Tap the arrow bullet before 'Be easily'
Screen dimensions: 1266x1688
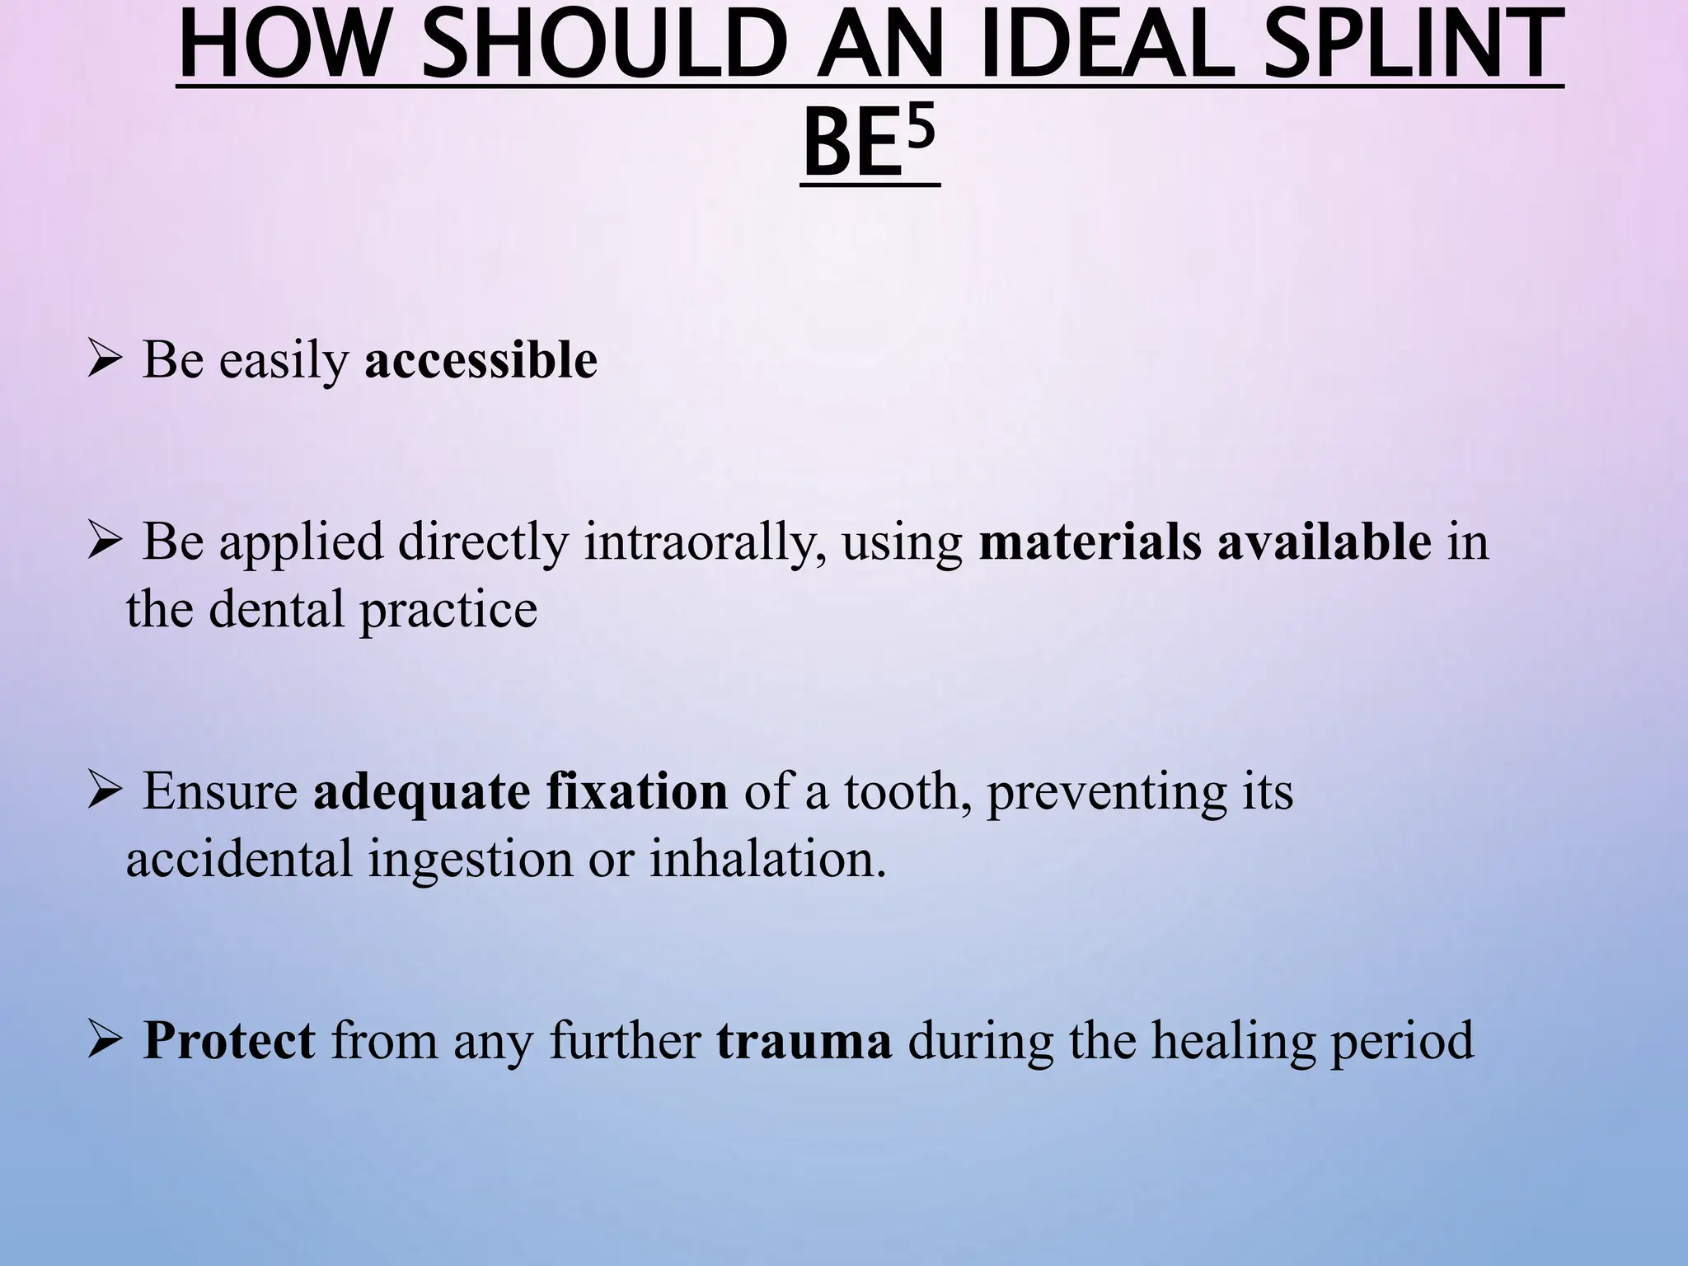pos(105,361)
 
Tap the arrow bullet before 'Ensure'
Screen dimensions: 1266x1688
pos(105,792)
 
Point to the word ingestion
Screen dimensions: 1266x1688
pos(470,860)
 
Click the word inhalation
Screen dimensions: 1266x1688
pos(767,858)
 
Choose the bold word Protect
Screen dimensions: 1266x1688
pos(229,1040)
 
